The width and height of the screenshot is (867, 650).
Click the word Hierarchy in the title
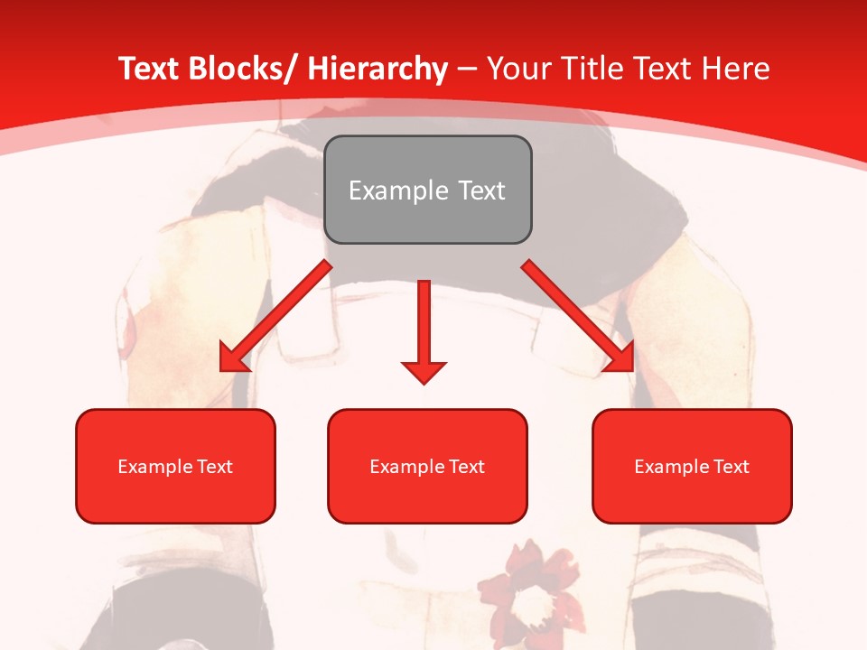[x=378, y=70]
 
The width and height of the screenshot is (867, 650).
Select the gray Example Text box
[x=427, y=190]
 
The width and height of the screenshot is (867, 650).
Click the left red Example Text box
[x=175, y=467]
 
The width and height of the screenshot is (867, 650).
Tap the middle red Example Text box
[x=427, y=467]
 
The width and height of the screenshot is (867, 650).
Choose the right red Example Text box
[x=692, y=467]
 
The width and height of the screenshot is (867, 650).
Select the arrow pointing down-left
[x=275, y=316]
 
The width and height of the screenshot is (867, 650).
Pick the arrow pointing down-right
[x=578, y=316]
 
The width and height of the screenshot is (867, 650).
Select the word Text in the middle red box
[x=467, y=467]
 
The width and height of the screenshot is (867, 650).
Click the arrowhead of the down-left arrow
[x=233, y=359]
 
